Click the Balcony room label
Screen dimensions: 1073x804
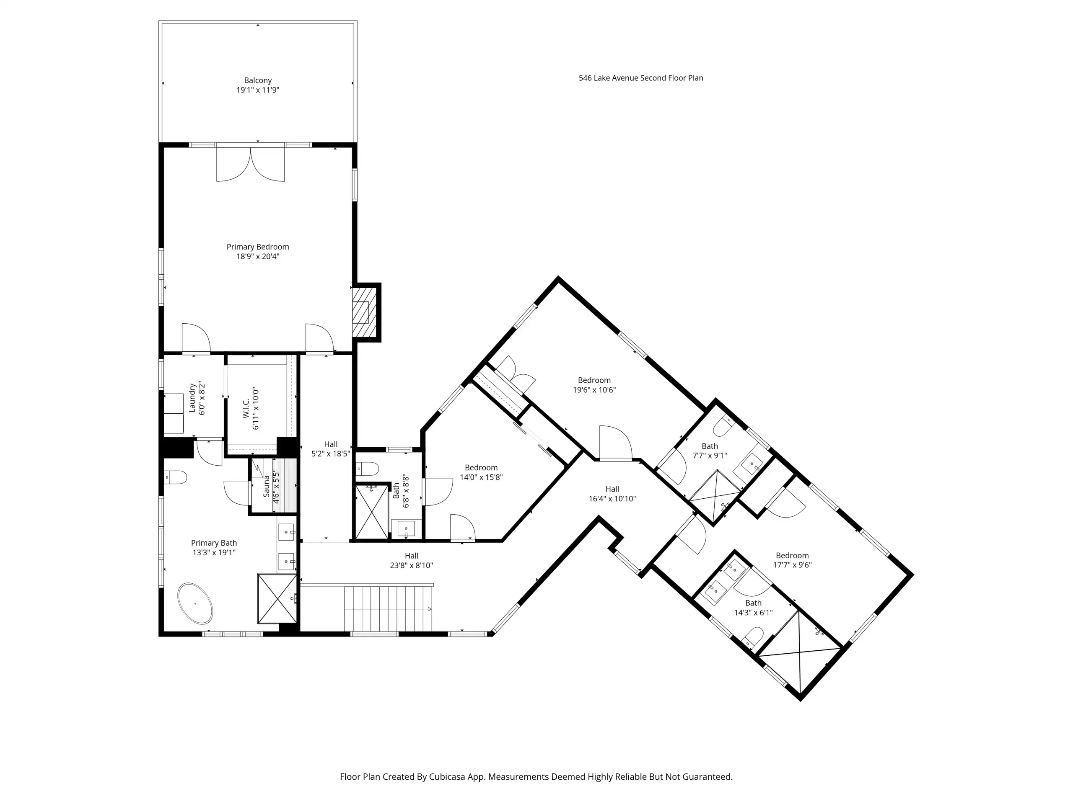pyautogui.click(x=258, y=80)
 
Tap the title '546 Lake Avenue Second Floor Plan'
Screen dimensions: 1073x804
pyautogui.click(x=641, y=78)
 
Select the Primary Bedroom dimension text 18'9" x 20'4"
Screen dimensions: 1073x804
pyautogui.click(x=258, y=256)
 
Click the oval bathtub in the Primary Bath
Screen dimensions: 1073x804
pyautogui.click(x=195, y=603)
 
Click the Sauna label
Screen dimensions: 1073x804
pyautogui.click(x=266, y=486)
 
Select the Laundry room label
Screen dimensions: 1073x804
pyautogui.click(x=192, y=398)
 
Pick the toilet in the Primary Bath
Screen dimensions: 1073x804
pyautogui.click(x=175, y=477)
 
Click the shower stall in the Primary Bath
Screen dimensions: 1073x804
pyautogui.click(x=277, y=598)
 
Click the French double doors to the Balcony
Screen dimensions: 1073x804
pyautogui.click(x=250, y=163)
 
